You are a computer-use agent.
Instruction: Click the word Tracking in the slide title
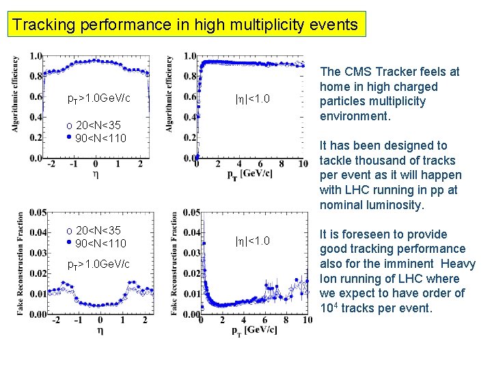tap(44, 25)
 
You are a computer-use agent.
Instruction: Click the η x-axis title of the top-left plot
tap(95, 175)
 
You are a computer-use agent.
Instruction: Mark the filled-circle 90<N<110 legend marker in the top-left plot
tap(69, 137)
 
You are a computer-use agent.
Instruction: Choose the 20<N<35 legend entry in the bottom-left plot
tap(96, 230)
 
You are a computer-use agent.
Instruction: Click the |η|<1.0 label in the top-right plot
tap(252, 99)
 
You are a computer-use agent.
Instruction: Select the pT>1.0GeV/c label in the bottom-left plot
tap(98, 264)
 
